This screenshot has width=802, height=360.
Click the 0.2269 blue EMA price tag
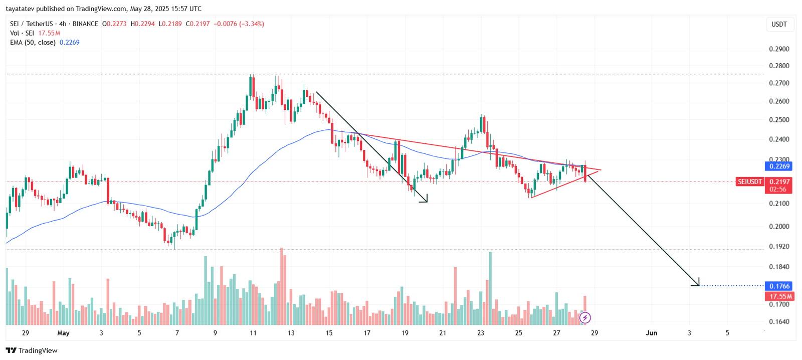point(779,166)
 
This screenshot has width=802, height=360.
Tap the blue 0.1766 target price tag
point(779,286)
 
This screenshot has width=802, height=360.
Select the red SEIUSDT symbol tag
point(749,182)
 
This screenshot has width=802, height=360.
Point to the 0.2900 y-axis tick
point(779,49)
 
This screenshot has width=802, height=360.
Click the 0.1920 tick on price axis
point(779,247)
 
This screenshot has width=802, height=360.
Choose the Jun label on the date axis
point(651,333)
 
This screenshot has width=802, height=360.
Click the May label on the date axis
point(63,333)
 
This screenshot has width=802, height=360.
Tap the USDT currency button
point(779,24)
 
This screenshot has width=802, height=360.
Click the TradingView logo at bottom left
point(32,350)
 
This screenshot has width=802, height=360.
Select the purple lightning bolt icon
point(585,318)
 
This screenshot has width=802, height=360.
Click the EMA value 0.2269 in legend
point(69,43)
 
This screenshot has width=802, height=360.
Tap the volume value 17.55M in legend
point(49,33)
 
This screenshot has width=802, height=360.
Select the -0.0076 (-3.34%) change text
point(239,24)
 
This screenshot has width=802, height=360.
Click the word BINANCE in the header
point(85,24)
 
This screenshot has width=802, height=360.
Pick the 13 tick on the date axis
point(291,333)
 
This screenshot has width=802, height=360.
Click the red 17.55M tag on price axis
point(779,296)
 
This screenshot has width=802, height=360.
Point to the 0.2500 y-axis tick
point(779,120)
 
